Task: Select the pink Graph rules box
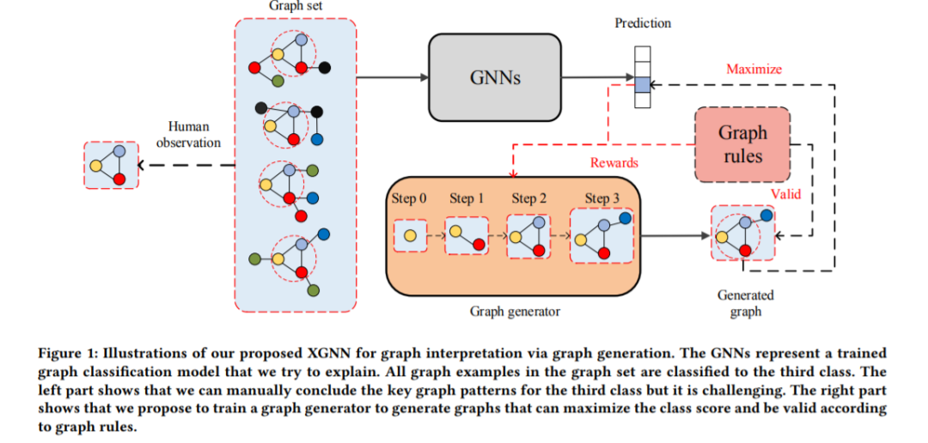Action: [x=742, y=144]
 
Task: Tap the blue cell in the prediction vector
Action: [x=643, y=84]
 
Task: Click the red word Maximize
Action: [x=754, y=68]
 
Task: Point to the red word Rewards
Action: [x=614, y=162]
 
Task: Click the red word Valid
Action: [x=785, y=194]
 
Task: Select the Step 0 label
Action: [x=410, y=198]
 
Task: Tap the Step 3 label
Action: [x=602, y=198]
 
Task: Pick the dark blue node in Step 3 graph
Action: [x=625, y=218]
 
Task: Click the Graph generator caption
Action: [x=514, y=311]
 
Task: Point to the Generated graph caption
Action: [x=744, y=303]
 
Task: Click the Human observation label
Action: [x=188, y=135]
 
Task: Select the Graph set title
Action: [x=295, y=6]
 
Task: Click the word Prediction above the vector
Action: [x=643, y=23]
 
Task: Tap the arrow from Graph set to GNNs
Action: [x=392, y=77]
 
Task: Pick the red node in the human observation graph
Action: [x=119, y=179]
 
